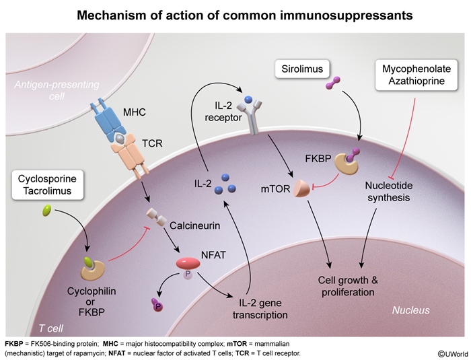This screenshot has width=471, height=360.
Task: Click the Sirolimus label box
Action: click(x=303, y=68)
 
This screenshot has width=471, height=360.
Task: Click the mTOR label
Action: click(x=275, y=190)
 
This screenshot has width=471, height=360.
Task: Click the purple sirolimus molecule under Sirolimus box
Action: click(x=332, y=84)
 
